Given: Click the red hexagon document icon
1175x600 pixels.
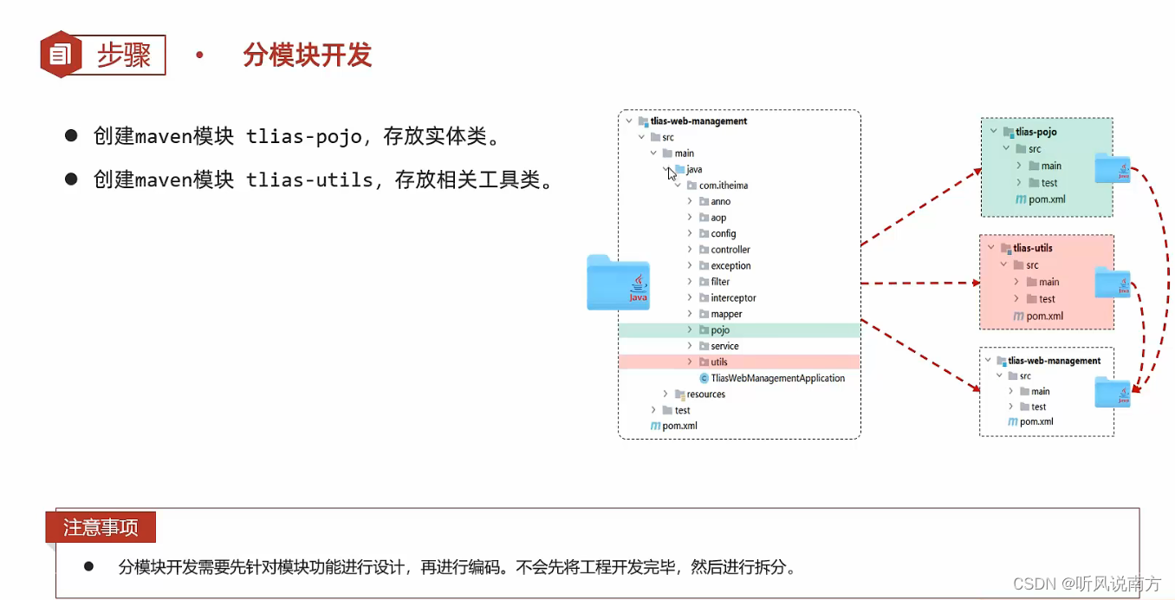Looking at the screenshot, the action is [60, 55].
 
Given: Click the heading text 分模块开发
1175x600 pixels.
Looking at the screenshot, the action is [307, 55].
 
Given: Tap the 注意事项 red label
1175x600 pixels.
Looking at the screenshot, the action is [101, 527].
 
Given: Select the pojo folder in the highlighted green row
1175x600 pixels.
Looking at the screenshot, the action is [719, 330].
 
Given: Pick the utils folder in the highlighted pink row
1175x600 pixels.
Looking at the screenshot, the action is [718, 362].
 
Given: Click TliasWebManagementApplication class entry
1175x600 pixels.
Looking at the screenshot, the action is [777, 378].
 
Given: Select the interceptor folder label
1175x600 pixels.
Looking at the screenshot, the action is [733, 298].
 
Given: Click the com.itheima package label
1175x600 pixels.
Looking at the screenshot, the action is [723, 186].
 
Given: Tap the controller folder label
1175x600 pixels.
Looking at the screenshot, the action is [730, 250].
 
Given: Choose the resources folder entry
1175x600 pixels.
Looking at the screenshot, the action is [705, 395].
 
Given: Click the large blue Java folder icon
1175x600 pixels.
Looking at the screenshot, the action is [618, 283].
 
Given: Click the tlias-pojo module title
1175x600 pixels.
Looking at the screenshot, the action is [1036, 132].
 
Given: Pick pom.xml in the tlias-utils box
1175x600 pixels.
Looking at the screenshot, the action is [1044, 316].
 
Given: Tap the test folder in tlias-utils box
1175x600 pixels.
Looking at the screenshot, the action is [1047, 299].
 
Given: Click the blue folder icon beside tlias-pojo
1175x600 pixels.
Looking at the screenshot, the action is [1113, 167].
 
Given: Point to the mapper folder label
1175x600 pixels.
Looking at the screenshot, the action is [726, 314].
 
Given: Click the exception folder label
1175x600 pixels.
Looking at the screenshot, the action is [730, 266].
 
